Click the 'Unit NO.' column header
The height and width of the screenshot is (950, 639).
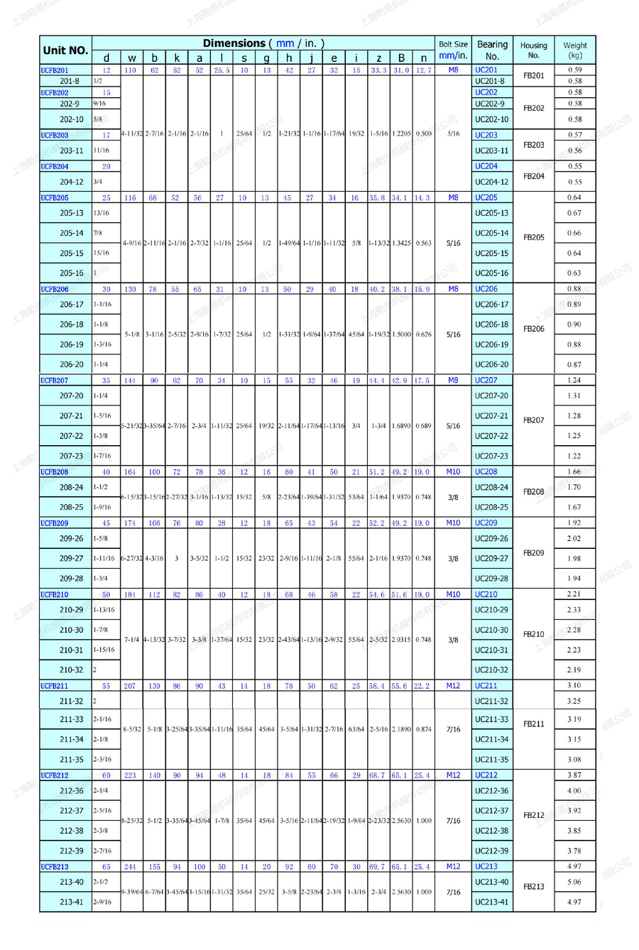tap(65, 50)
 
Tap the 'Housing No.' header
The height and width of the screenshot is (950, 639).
tap(534, 50)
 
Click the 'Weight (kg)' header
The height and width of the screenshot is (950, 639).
tap(574, 50)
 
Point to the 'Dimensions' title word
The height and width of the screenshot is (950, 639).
tap(233, 43)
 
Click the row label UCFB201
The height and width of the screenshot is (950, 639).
tap(55, 70)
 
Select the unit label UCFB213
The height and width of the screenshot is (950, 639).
tap(55, 866)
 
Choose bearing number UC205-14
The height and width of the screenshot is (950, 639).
tap(491, 233)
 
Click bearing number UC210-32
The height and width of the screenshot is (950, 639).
tap(491, 670)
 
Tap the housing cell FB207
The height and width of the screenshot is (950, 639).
tap(534, 420)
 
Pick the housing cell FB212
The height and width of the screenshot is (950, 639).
tap(534, 815)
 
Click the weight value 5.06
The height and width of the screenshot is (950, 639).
tap(574, 882)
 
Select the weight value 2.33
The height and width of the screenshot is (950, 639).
tap(574, 610)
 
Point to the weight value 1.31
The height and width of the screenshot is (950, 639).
tap(574, 396)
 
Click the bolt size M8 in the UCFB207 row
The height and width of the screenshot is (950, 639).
tap(453, 381)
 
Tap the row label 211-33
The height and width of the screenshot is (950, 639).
tap(71, 719)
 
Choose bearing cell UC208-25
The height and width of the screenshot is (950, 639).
tap(491, 508)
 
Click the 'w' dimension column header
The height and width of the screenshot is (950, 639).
tap(131, 58)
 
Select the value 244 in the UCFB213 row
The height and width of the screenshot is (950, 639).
tap(131, 866)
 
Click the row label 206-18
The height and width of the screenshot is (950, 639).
tap(71, 324)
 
